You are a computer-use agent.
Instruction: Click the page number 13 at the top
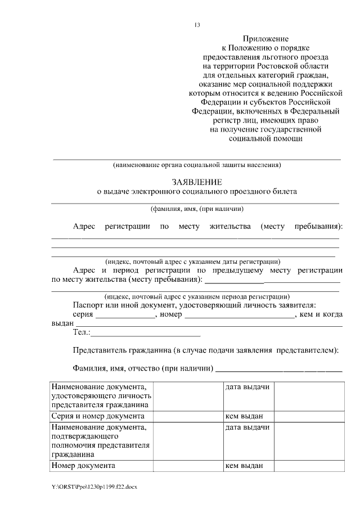click(x=197, y=25)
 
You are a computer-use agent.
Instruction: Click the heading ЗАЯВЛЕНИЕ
click(x=196, y=182)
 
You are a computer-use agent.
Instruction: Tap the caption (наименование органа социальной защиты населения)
click(x=196, y=165)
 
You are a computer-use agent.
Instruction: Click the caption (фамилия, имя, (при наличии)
click(x=196, y=208)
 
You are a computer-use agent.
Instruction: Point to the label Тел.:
click(x=82, y=333)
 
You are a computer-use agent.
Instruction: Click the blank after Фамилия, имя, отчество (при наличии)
click(x=279, y=370)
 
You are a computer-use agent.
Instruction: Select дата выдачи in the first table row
click(x=247, y=388)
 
